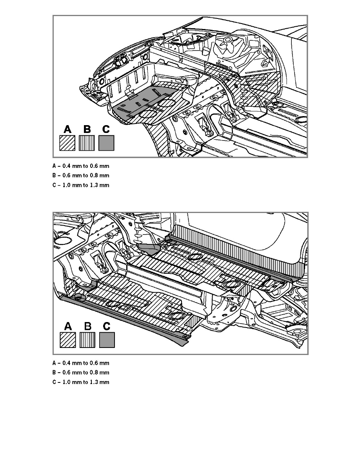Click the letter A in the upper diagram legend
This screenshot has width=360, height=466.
(x=67, y=129)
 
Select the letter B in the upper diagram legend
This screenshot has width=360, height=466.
(x=87, y=129)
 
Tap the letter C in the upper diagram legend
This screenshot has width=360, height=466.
(x=106, y=129)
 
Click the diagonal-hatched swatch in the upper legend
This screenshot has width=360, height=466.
(x=67, y=143)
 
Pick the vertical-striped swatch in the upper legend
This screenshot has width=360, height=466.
(x=87, y=143)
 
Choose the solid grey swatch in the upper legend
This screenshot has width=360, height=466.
(x=106, y=143)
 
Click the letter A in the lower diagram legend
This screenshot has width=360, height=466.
(x=68, y=326)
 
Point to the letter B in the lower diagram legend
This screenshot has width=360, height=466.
(x=87, y=326)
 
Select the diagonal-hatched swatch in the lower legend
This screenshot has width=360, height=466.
(x=68, y=340)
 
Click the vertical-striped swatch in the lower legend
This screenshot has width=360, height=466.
(x=87, y=340)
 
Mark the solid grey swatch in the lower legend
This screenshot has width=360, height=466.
(x=107, y=340)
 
